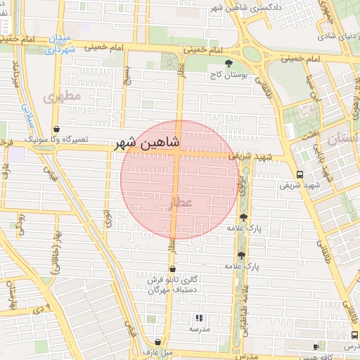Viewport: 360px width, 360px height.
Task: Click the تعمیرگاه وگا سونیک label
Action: click(58, 139)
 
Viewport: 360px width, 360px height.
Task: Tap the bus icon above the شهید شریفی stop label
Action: click(300, 174)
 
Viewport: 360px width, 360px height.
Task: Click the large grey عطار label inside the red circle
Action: click(177, 203)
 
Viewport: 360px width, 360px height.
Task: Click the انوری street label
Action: click(108, 217)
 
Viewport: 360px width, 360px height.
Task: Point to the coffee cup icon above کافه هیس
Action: click(316, 347)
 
